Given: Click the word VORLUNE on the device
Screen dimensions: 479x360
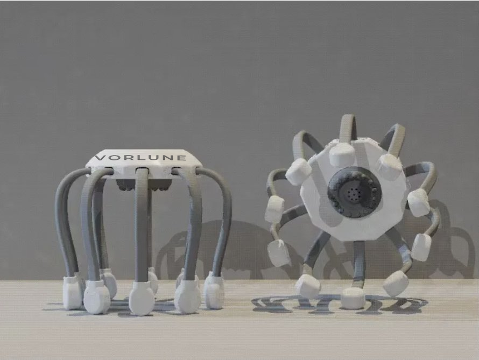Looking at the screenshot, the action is click(140, 158).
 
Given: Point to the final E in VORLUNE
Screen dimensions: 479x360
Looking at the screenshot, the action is click(181, 158).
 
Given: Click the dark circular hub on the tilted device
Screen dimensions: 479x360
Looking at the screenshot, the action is click(354, 192).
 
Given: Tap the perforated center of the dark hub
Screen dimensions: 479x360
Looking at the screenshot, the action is click(351, 192).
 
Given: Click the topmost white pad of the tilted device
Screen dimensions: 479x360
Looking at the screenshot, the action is click(342, 154).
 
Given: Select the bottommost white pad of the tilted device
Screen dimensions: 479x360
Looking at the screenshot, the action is click(353, 298).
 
